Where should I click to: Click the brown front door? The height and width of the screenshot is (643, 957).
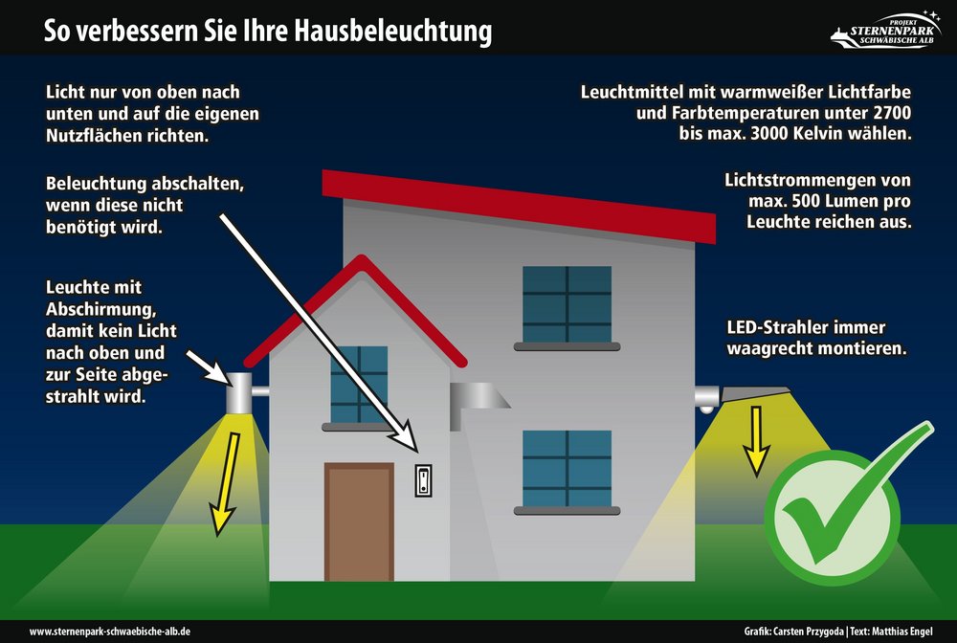(359, 521)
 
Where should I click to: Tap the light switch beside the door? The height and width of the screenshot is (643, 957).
(424, 480)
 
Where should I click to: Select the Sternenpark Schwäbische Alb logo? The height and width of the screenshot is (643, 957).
(886, 30)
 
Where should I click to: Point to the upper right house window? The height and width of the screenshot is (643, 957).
(567, 304)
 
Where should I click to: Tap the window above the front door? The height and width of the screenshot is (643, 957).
(359, 385)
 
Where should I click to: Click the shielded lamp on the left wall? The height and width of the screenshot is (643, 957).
(240, 393)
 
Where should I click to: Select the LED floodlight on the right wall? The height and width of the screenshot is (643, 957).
(743, 398)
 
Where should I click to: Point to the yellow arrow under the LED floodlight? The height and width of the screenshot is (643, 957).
(756, 441)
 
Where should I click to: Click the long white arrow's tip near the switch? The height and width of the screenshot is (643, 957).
(417, 452)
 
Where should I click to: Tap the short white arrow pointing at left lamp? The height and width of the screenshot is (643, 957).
(208, 367)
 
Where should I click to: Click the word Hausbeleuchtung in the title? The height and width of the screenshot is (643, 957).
(392, 31)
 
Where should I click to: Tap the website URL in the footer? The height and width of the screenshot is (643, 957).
(110, 632)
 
